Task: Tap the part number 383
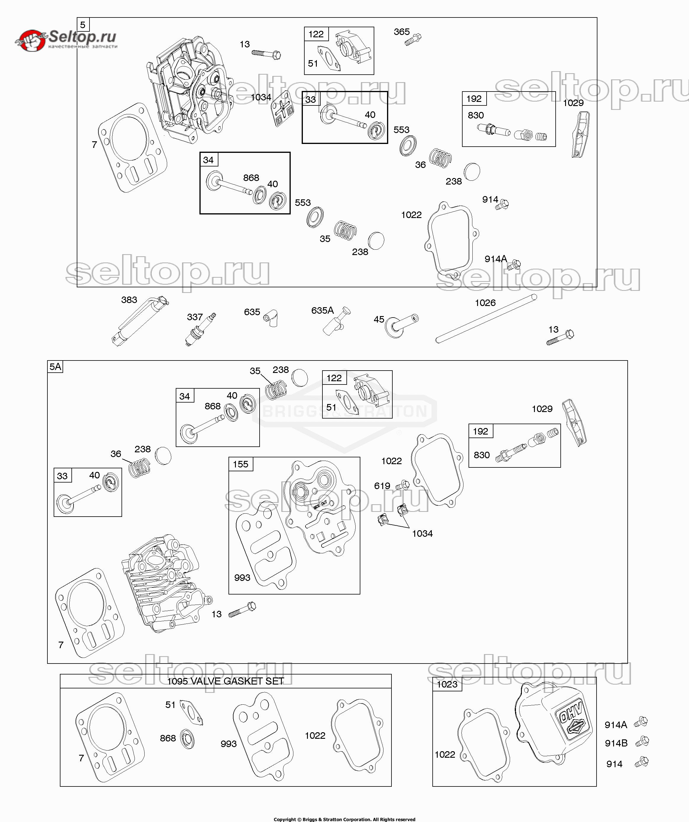[129, 300]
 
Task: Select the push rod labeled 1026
[486, 319]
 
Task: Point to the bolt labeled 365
[413, 39]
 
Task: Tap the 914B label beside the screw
[616, 743]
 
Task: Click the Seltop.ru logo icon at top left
[30, 41]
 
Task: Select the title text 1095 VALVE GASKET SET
[225, 682]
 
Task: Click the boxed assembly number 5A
[55, 367]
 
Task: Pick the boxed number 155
[241, 464]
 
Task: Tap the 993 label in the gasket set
[228, 744]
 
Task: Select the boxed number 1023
[447, 684]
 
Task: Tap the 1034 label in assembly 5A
[422, 533]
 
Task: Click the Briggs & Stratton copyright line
[344, 818]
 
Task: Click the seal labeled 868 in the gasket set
[188, 739]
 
